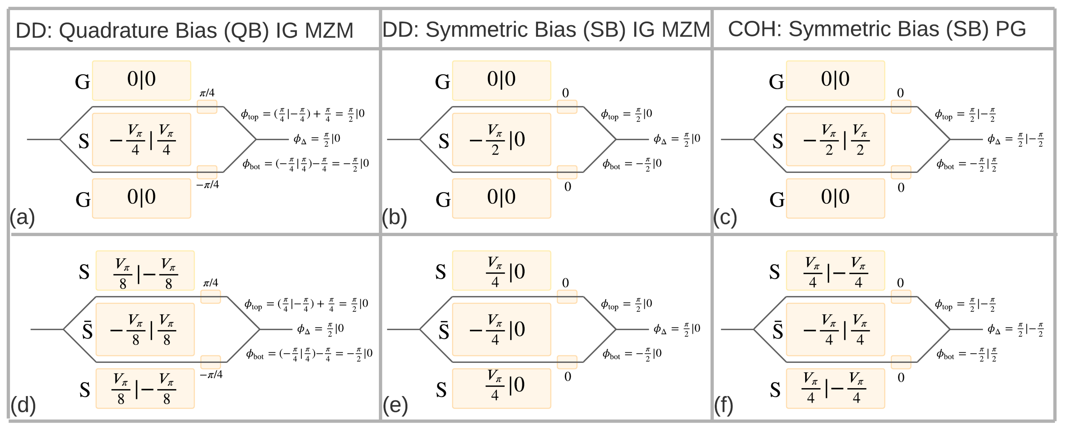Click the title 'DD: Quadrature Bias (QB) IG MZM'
point(184,30)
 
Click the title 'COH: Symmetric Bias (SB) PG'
point(877,29)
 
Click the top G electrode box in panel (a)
point(141,80)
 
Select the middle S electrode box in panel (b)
point(501,139)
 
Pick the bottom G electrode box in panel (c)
point(835,198)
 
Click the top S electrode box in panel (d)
point(145,270)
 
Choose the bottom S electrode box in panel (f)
point(835,388)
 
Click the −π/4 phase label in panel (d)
point(211,375)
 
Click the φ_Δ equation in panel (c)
point(1015,139)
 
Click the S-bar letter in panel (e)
point(444,331)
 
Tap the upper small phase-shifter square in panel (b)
point(567,107)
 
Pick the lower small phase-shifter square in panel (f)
point(901,362)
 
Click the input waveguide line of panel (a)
point(43,139)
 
